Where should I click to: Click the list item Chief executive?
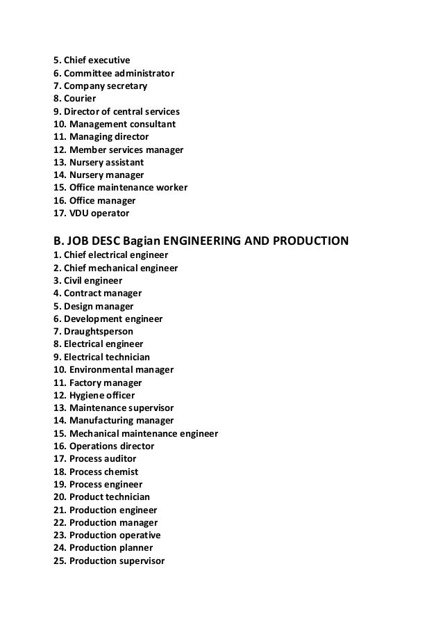coord(92,61)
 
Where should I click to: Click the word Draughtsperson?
coord(99,331)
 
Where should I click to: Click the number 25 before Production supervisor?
coord(59,561)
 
